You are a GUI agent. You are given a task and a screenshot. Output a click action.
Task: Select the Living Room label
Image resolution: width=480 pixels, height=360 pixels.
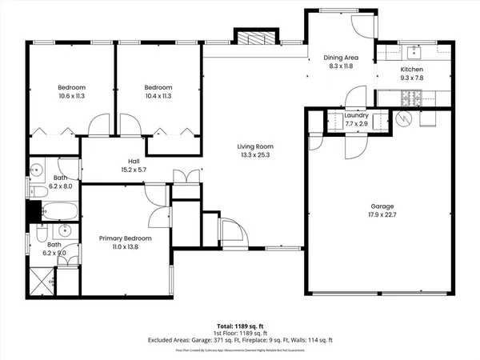point(255,146)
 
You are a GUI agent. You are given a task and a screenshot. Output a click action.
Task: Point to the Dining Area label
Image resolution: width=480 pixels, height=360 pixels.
point(340,58)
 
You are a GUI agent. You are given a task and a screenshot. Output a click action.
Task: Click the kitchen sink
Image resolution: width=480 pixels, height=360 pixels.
point(414,53)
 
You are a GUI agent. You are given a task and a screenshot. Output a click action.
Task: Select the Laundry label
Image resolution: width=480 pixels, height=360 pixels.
point(355,116)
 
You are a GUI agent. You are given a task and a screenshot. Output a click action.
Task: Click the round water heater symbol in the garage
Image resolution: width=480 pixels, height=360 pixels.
point(405,120)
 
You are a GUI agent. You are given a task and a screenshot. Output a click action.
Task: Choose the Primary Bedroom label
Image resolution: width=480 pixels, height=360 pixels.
point(124,238)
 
